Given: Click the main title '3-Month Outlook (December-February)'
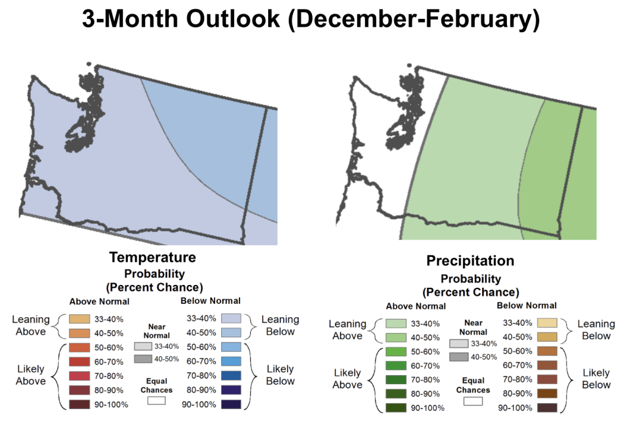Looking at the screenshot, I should click(311, 21).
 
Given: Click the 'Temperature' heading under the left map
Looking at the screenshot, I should click(152, 257).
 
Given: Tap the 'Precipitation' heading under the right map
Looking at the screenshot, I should click(470, 261).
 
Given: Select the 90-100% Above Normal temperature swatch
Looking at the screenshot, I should click(79, 404).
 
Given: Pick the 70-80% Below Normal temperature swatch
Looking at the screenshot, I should click(231, 376).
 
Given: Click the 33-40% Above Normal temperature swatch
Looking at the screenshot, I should click(79, 319).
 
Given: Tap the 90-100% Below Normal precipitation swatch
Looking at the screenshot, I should click(547, 408).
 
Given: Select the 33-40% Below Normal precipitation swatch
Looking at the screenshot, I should click(547, 323).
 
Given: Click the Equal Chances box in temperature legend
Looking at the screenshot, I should click(156, 401).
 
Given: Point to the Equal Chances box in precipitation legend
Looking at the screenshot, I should click(472, 401).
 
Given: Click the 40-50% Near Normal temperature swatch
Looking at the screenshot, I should click(144, 359).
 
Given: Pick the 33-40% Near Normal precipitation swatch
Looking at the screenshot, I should click(459, 343).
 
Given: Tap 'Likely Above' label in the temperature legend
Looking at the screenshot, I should click(30, 375).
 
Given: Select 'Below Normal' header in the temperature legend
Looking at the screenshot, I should click(211, 301).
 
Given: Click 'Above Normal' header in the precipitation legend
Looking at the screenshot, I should click(416, 306).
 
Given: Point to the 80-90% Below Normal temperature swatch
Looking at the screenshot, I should click(231, 390).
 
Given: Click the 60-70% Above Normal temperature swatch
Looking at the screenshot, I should click(79, 362).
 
